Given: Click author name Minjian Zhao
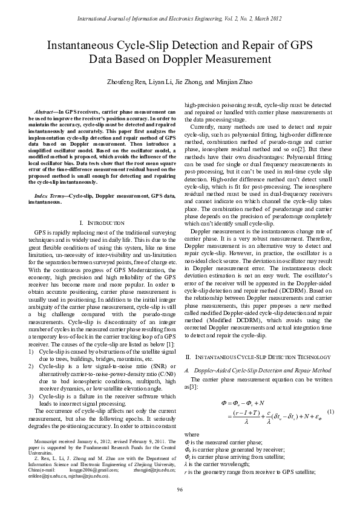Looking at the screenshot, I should tap(232, 82).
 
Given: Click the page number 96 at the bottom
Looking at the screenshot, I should tap(180, 489).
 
